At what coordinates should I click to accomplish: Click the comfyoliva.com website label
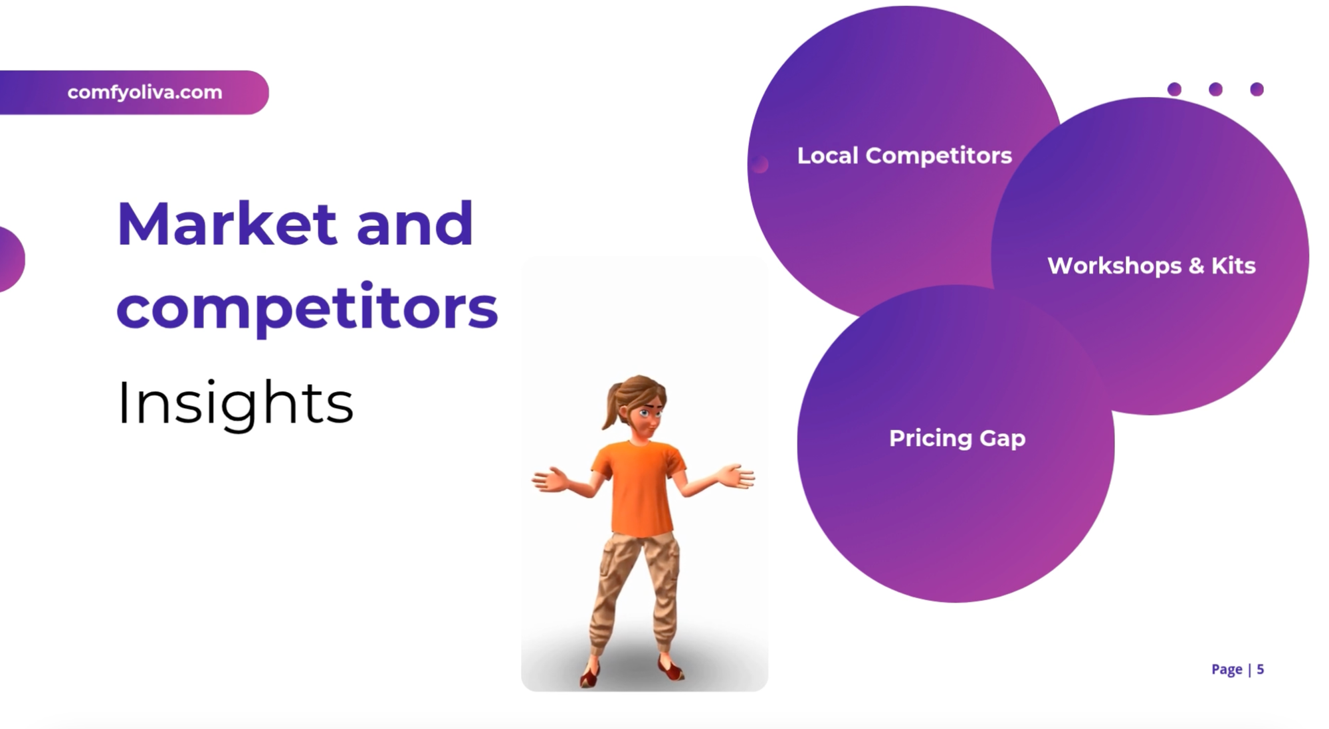pos(145,92)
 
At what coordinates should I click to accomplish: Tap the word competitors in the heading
pos(307,308)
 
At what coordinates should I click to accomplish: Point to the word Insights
pos(235,403)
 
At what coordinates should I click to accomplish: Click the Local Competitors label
pos(904,156)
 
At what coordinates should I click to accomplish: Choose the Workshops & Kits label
pos(1151,266)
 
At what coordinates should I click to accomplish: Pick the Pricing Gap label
pos(957,439)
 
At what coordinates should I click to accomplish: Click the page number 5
pos(1260,669)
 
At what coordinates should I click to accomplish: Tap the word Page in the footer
pos(1227,669)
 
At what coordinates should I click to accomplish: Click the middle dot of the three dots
pos(1215,89)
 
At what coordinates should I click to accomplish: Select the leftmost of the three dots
pos(1174,89)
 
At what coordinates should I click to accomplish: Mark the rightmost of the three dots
pos(1257,89)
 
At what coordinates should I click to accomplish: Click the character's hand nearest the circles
pos(736,476)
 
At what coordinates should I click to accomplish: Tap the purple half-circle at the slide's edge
pos(10,259)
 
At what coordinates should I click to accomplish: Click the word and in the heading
pos(415,224)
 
